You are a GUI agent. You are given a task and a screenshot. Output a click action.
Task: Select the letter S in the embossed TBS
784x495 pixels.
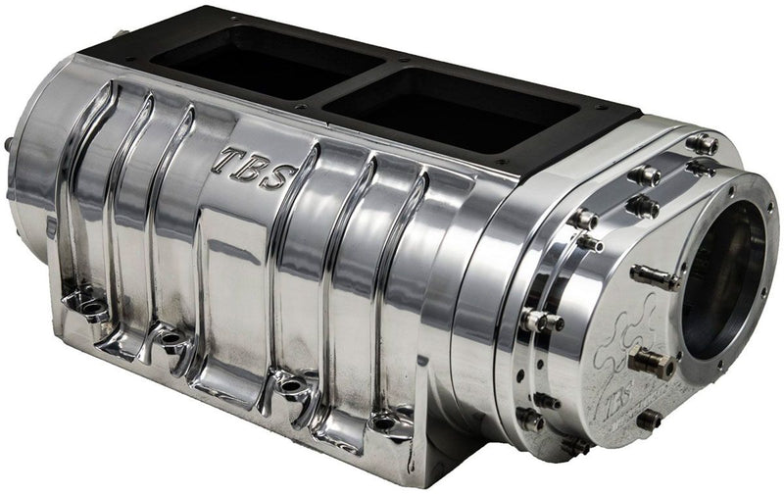(x=277, y=177)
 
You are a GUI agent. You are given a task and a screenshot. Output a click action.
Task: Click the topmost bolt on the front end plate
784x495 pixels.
(x=702, y=144)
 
